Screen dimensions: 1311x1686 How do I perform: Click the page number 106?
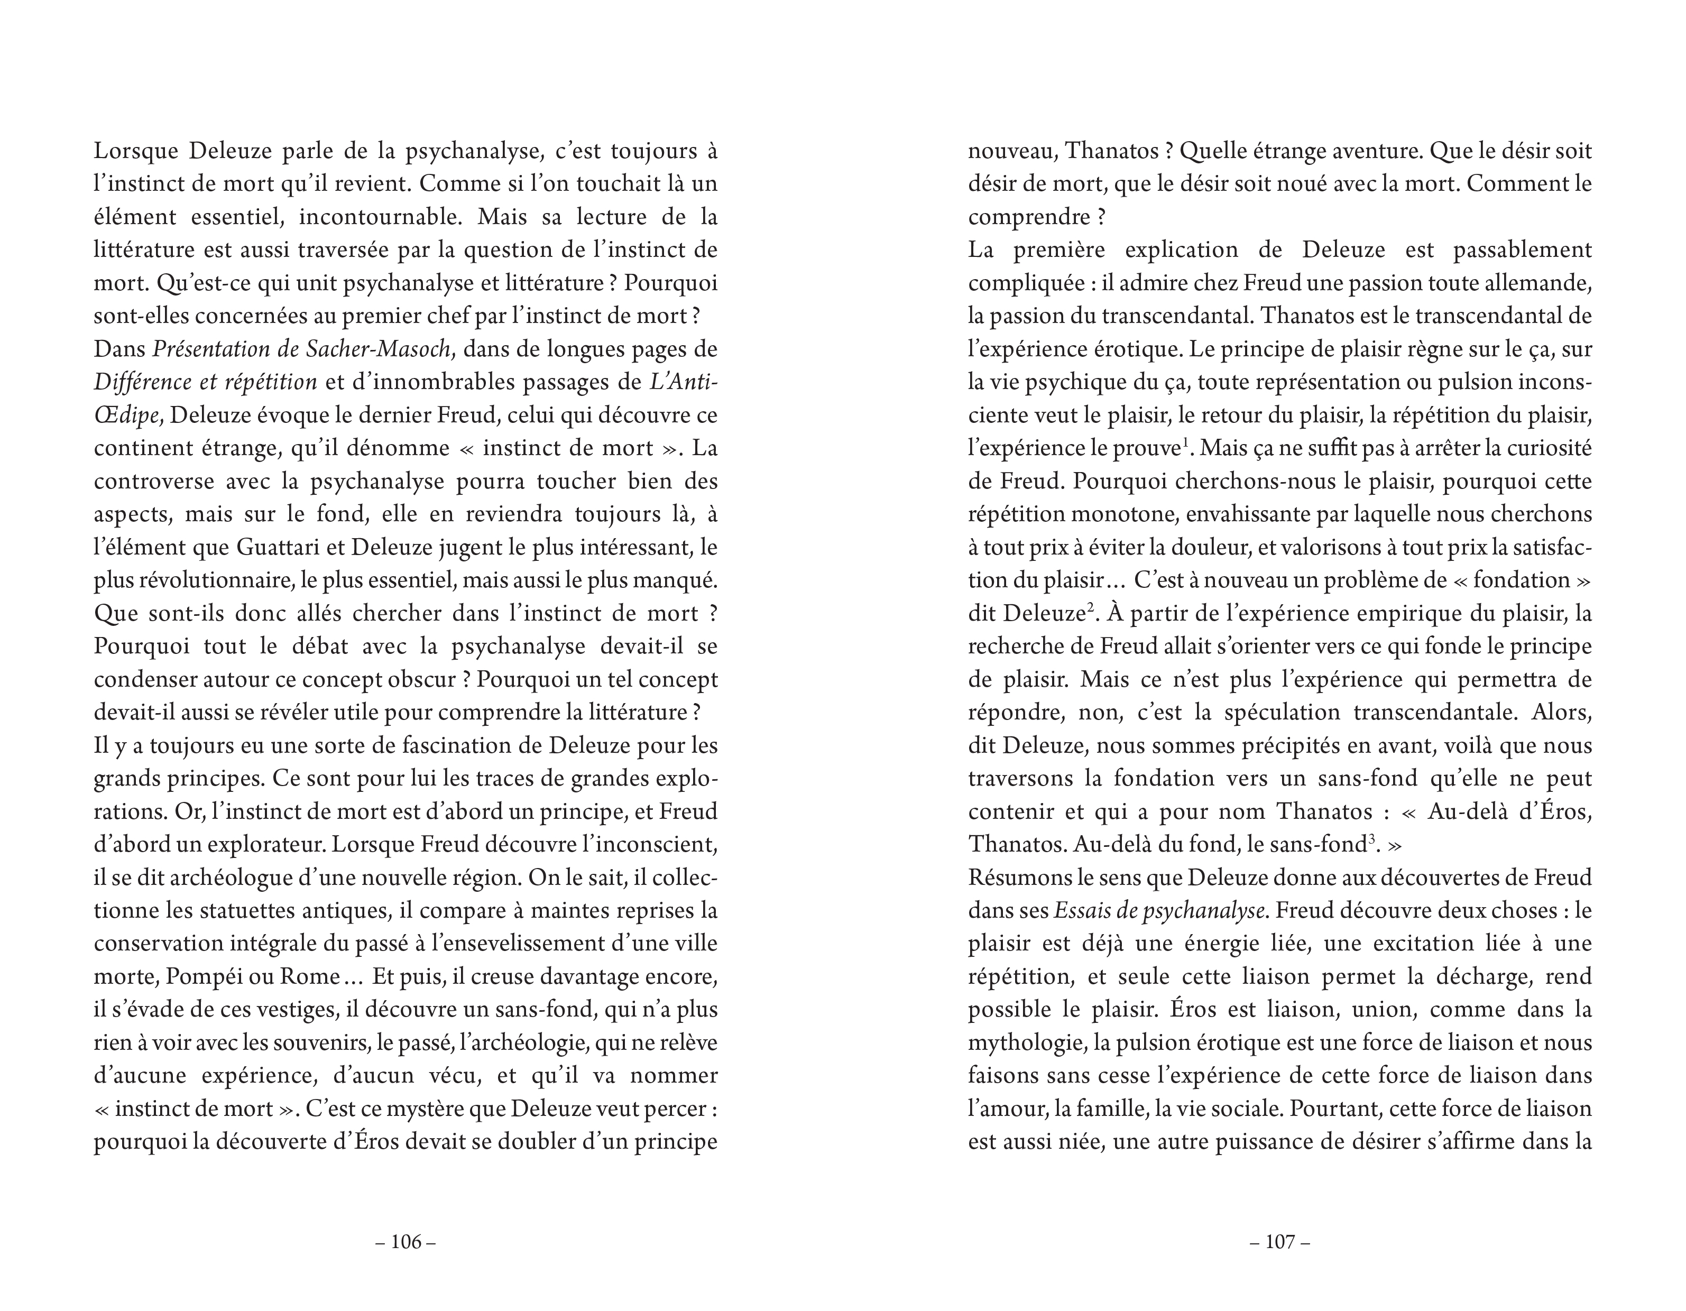tap(406, 1242)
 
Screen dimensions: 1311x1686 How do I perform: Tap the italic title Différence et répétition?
tap(205, 382)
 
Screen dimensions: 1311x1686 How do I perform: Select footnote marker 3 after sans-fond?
tap(1372, 838)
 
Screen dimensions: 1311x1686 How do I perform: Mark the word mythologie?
tap(1027, 1043)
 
